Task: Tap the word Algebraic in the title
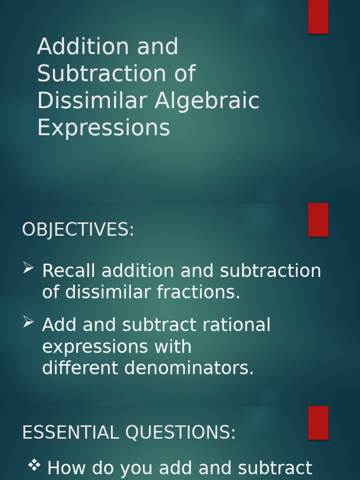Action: [207, 101]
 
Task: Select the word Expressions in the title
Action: [104, 127]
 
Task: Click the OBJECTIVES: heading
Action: [78, 230]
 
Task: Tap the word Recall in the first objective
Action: [69, 271]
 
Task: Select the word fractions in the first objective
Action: [198, 292]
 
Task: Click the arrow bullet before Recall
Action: [29, 268]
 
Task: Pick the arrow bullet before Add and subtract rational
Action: [29, 322]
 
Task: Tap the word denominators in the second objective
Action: [189, 368]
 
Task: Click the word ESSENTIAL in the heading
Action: [70, 433]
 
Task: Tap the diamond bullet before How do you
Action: [34, 465]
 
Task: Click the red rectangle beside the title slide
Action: [318, 17]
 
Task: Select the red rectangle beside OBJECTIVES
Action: [318, 220]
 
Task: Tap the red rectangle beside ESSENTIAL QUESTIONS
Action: [318, 423]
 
